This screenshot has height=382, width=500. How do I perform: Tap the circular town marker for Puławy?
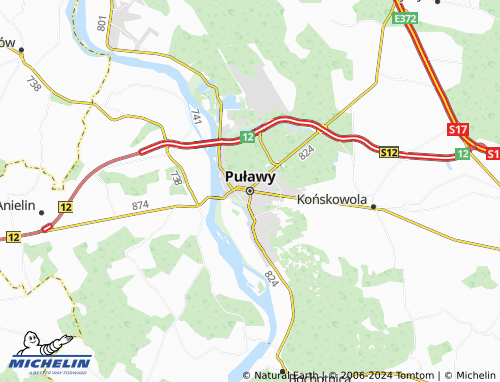250,190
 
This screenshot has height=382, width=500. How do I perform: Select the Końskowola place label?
331,197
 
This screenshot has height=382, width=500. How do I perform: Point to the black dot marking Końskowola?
373,207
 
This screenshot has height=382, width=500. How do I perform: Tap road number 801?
102,23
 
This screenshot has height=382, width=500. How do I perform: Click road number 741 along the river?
196,118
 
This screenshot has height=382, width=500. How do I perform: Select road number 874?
139,205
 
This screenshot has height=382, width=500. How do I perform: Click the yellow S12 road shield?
389,152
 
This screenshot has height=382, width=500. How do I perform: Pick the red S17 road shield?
458,130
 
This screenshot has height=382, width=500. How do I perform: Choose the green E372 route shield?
405,19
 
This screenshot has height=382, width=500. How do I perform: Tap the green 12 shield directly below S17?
462,153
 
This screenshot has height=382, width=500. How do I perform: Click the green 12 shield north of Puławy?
246,136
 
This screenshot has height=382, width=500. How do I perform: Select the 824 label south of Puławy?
271,274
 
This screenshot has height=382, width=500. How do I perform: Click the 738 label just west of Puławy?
176,178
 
